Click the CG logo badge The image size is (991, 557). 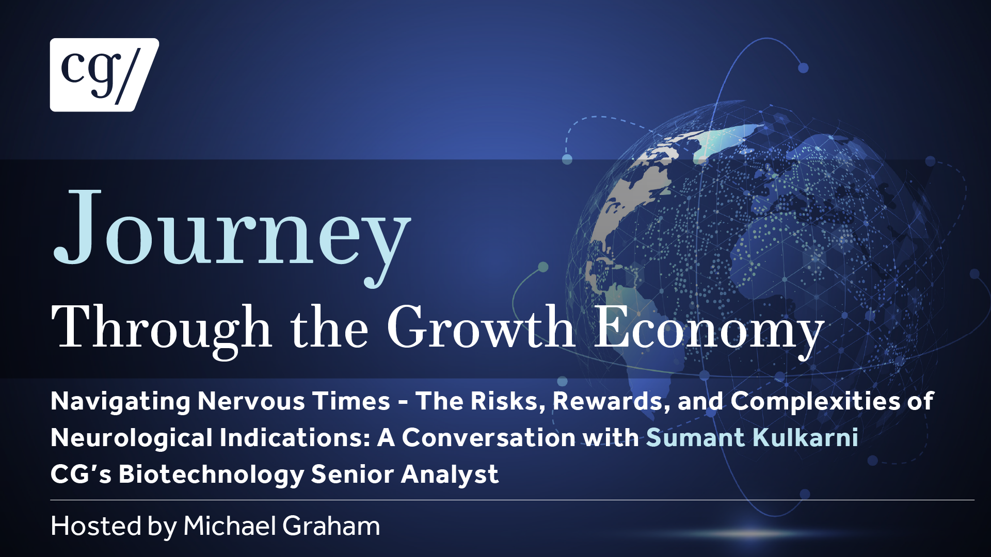(104, 75)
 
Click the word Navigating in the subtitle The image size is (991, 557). (120, 402)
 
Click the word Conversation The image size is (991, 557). (489, 438)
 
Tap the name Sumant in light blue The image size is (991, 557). (695, 438)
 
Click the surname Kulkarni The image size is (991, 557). (805, 438)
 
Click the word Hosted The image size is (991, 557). (96, 526)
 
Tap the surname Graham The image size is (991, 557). (331, 526)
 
